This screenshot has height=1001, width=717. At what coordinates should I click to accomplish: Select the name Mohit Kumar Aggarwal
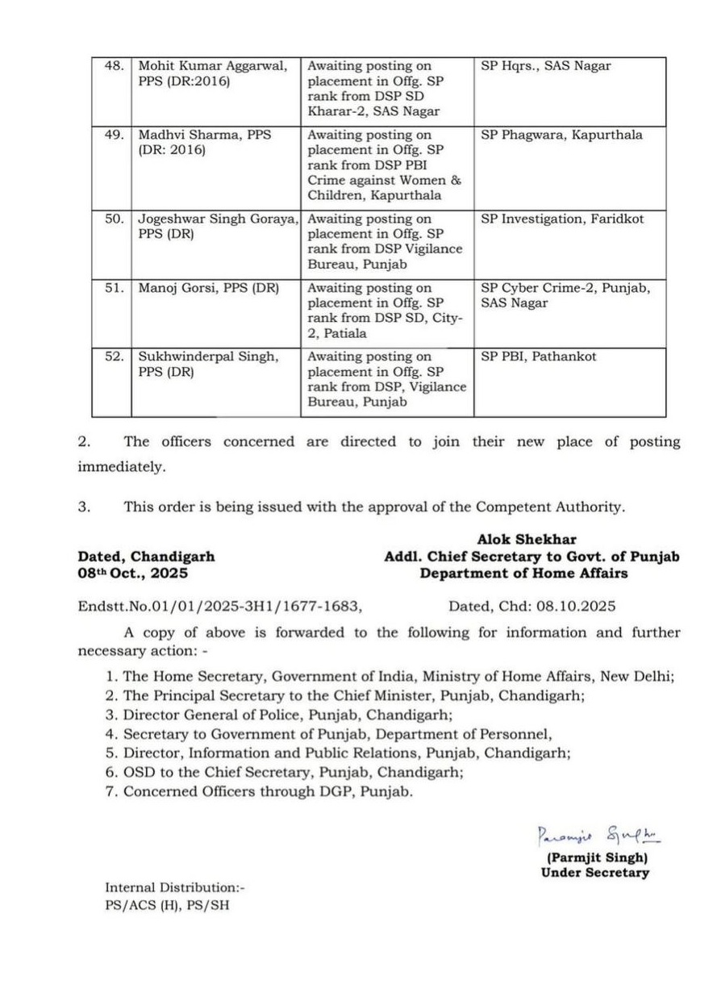(212, 66)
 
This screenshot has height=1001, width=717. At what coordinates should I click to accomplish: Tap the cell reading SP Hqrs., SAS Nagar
(546, 66)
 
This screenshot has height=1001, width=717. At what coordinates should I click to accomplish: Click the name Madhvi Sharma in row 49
(185, 136)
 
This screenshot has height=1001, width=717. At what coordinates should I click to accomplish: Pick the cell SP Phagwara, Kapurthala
(561, 136)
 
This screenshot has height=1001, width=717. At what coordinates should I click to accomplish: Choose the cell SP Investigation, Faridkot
(562, 219)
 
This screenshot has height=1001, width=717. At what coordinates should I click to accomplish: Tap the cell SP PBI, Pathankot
(539, 357)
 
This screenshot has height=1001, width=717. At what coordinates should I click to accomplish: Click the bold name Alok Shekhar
(527, 540)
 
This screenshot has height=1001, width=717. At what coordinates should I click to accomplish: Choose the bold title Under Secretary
(594, 873)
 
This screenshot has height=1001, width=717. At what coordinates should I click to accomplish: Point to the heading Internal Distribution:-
(174, 888)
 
